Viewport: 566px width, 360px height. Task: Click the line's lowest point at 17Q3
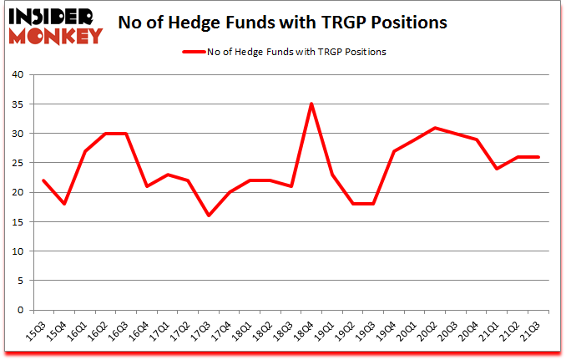209,215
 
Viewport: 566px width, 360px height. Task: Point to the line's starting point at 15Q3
43,180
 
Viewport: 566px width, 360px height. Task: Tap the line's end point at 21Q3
538,157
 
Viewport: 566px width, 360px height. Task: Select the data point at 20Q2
436,128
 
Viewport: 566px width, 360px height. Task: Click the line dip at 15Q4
64,204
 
